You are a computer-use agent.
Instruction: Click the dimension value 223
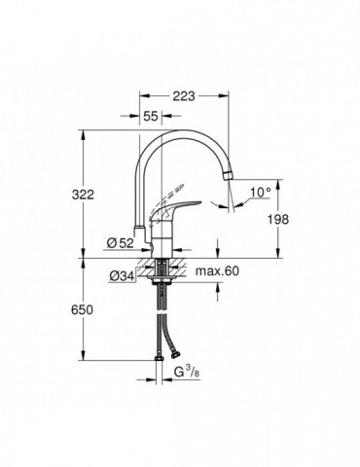point(186,96)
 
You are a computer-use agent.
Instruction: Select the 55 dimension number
point(152,116)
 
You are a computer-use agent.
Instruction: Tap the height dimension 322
point(94,196)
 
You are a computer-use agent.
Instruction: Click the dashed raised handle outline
point(178,193)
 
